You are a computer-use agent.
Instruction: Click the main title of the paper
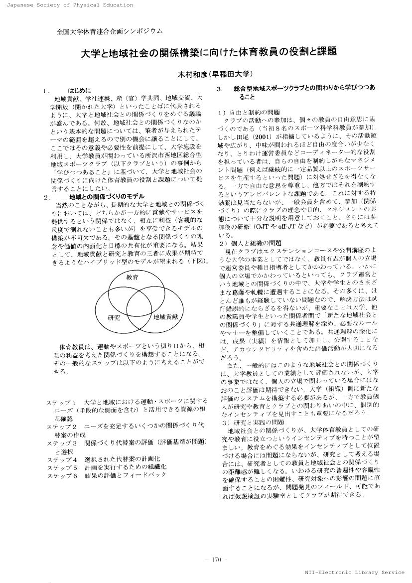click(209, 52)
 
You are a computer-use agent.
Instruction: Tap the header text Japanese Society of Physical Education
click(66, 5)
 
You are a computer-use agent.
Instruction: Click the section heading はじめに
click(80, 91)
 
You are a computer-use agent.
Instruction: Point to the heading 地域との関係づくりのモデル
click(100, 197)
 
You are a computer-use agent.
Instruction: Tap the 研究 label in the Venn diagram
click(114, 317)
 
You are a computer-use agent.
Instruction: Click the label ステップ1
click(61, 402)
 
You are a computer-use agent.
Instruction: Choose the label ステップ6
click(61, 475)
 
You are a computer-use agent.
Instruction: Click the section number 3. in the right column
click(219, 88)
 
